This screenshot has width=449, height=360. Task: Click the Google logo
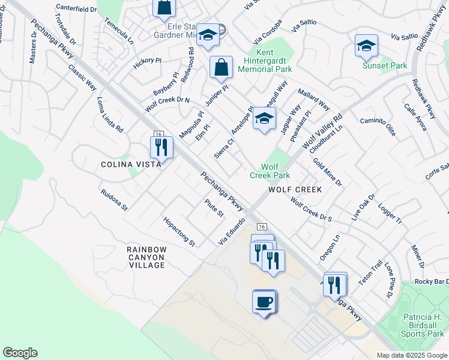click(x=20, y=353)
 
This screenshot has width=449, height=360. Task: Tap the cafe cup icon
click(x=264, y=301)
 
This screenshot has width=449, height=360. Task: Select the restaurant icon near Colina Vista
click(x=161, y=146)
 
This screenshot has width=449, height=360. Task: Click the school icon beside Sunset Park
click(x=366, y=45)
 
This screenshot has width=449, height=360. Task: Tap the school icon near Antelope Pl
click(x=264, y=118)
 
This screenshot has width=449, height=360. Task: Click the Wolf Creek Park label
click(x=270, y=171)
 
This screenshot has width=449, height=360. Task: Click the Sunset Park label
click(x=385, y=65)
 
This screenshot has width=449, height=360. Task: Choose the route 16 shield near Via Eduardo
click(x=261, y=226)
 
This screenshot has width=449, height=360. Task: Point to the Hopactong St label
click(x=179, y=232)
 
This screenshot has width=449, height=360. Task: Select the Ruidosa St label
click(x=115, y=200)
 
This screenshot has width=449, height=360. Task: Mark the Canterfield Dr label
click(x=76, y=9)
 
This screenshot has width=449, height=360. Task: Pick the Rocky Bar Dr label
click(x=432, y=282)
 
